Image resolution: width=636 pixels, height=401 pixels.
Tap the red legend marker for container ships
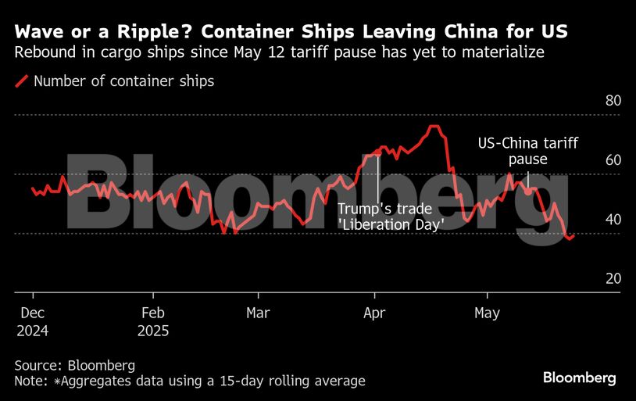[22, 81]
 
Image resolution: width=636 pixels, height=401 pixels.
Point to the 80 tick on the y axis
[613, 102]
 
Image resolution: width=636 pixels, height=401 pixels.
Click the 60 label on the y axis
[613, 160]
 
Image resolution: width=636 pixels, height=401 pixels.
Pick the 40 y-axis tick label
[613, 220]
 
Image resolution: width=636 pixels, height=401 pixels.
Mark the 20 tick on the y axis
[613, 278]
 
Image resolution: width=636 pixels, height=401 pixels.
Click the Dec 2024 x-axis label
[32, 321]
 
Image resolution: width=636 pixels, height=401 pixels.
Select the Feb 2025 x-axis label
[153, 321]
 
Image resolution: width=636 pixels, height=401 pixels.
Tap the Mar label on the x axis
[258, 313]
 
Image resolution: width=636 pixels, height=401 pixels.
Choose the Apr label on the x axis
[375, 313]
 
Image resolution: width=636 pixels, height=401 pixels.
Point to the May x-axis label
[488, 313]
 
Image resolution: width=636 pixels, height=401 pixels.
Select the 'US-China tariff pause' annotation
[528, 151]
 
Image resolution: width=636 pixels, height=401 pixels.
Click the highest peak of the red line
[434, 127]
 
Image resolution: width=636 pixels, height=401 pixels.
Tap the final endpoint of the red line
[574, 235]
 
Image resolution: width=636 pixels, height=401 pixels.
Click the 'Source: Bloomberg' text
[74, 365]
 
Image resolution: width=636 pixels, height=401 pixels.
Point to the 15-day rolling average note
[190, 381]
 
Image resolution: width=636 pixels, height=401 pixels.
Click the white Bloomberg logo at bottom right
[579, 378]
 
